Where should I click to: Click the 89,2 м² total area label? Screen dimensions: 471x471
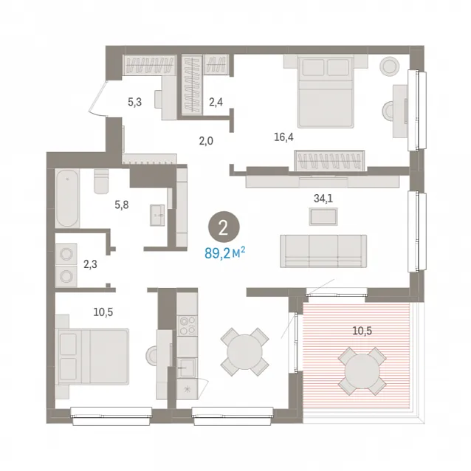pyautogui.click(x=224, y=253)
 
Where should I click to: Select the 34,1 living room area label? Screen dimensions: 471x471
pyautogui.click(x=323, y=199)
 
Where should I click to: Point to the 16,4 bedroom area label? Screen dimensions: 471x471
pyautogui.click(x=283, y=137)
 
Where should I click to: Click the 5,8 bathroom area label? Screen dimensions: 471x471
pyautogui.click(x=122, y=204)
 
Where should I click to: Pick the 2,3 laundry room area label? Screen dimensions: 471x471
pyautogui.click(x=90, y=264)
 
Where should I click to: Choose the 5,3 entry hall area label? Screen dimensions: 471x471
pyautogui.click(x=134, y=102)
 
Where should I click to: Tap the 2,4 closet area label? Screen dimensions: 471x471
pyautogui.click(x=216, y=102)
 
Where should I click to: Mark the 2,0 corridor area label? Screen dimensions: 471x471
pyautogui.click(x=206, y=140)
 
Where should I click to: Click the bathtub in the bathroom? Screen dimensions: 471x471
pyautogui.click(x=67, y=198)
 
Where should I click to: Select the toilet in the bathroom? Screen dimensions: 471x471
pyautogui.click(x=101, y=182)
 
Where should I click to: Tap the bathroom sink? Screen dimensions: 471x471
pyautogui.click(x=157, y=215)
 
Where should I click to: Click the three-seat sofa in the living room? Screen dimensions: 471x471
pyautogui.click(x=323, y=251)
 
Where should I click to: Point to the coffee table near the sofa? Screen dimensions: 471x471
pyautogui.click(x=323, y=216)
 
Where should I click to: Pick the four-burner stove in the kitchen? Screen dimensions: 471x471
pyautogui.click(x=187, y=326)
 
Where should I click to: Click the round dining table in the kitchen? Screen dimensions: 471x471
pyautogui.click(x=244, y=351)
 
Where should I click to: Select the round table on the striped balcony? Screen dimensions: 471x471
pyautogui.click(x=362, y=371)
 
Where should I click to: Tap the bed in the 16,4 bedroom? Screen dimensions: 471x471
pyautogui.click(x=325, y=92)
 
